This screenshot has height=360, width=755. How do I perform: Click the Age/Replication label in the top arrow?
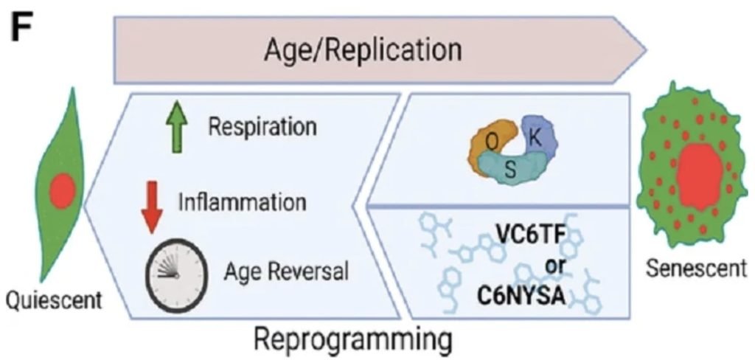coord(363,49)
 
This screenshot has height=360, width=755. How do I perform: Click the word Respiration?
coord(262,128)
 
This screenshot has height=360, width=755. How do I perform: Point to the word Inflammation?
coord(242,203)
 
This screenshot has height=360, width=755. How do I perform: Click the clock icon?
coord(177,274)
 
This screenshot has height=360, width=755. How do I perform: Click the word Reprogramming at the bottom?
coord(352,340)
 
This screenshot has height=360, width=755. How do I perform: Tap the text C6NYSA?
coord(521,295)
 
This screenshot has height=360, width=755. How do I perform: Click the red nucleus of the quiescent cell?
coord(63,191)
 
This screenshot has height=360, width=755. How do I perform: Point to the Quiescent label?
coord(53,301)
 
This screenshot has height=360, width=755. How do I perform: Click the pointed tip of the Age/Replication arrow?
coord(646,49)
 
